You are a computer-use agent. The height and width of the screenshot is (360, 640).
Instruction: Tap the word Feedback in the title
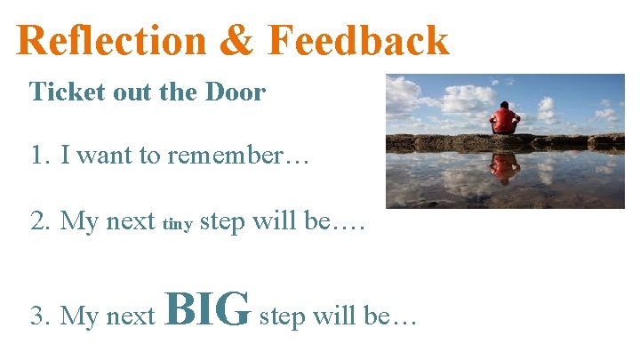click(x=359, y=41)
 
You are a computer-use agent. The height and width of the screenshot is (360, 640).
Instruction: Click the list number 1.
click(x=37, y=156)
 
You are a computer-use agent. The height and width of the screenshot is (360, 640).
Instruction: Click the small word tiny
click(x=178, y=224)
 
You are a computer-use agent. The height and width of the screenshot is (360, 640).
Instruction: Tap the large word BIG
click(x=207, y=309)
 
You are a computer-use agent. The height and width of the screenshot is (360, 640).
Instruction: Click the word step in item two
click(x=223, y=220)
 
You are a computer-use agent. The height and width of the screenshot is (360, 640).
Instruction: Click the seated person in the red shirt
click(x=505, y=117)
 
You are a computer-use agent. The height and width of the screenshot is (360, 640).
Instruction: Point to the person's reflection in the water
click(x=505, y=166)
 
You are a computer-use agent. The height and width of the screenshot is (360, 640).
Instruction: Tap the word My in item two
click(x=76, y=220)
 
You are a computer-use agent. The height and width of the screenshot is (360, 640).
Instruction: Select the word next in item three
click(x=132, y=316)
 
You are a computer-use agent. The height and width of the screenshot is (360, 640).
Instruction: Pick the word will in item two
click(x=274, y=220)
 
